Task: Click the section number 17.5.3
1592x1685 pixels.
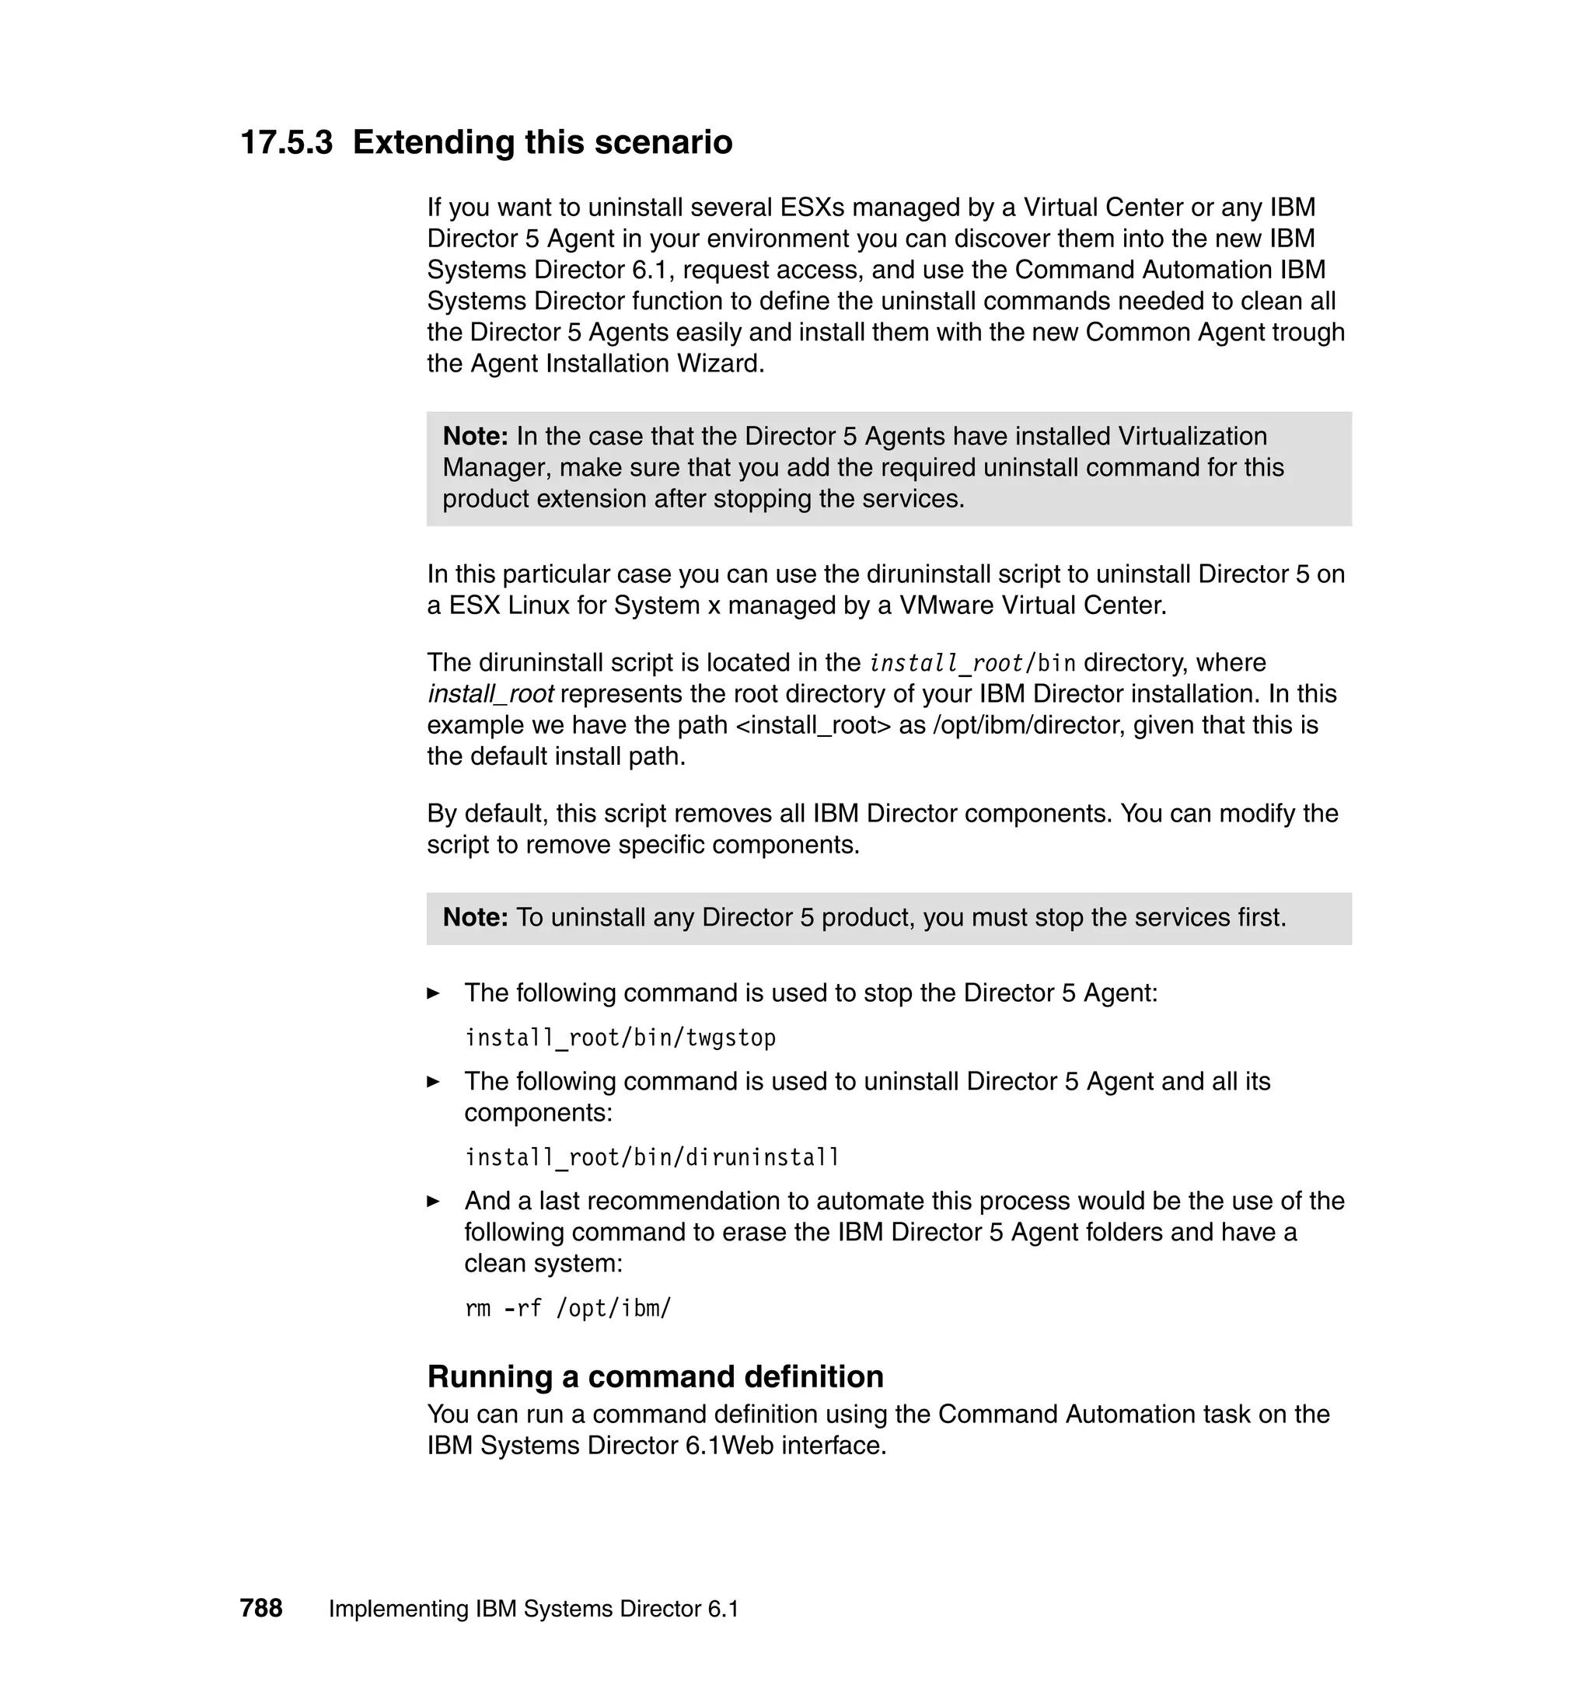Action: tap(286, 141)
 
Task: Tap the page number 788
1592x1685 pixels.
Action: tap(260, 1608)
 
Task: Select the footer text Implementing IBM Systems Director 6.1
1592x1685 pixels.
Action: tap(534, 1609)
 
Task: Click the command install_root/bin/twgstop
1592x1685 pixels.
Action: tap(620, 1038)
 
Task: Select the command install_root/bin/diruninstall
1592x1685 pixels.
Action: tap(651, 1157)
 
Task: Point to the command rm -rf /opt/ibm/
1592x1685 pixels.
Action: tap(567, 1308)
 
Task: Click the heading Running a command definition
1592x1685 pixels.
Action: tap(655, 1376)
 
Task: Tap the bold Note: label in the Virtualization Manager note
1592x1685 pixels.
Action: tap(475, 436)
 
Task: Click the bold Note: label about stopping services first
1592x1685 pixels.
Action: tap(475, 917)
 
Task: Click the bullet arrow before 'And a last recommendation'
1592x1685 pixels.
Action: tap(434, 1202)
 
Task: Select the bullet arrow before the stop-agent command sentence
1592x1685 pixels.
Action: tap(434, 993)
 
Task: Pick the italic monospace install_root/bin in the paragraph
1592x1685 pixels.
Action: tap(972, 663)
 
